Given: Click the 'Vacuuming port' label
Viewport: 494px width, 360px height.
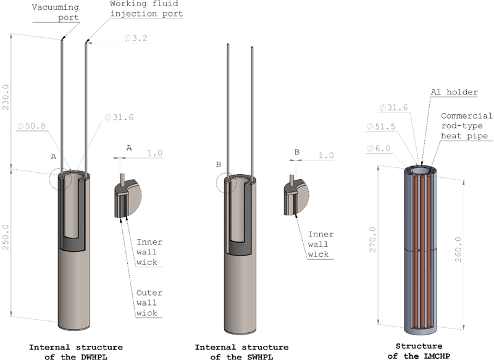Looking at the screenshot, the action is pyautogui.click(x=56, y=12).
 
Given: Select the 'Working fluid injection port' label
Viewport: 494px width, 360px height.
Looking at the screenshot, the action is pyautogui.click(x=146, y=9).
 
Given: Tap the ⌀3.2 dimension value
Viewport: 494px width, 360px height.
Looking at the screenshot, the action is pyautogui.click(x=135, y=38).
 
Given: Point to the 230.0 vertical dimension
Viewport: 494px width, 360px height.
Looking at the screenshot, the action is pyautogui.click(x=6, y=97).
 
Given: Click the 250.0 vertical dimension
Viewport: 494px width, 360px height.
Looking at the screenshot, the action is pyautogui.click(x=6, y=237).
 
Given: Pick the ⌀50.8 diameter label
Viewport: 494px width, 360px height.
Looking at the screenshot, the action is pyautogui.click(x=31, y=126).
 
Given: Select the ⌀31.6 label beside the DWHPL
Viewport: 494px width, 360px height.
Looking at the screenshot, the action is pyautogui.click(x=119, y=117).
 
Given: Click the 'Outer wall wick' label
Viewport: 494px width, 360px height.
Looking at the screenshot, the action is pyautogui.click(x=149, y=303).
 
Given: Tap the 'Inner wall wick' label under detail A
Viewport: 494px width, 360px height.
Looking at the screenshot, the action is pyautogui.click(x=149, y=253).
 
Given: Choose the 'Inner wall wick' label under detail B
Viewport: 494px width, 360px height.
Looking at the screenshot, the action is pyautogui.click(x=320, y=245).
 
